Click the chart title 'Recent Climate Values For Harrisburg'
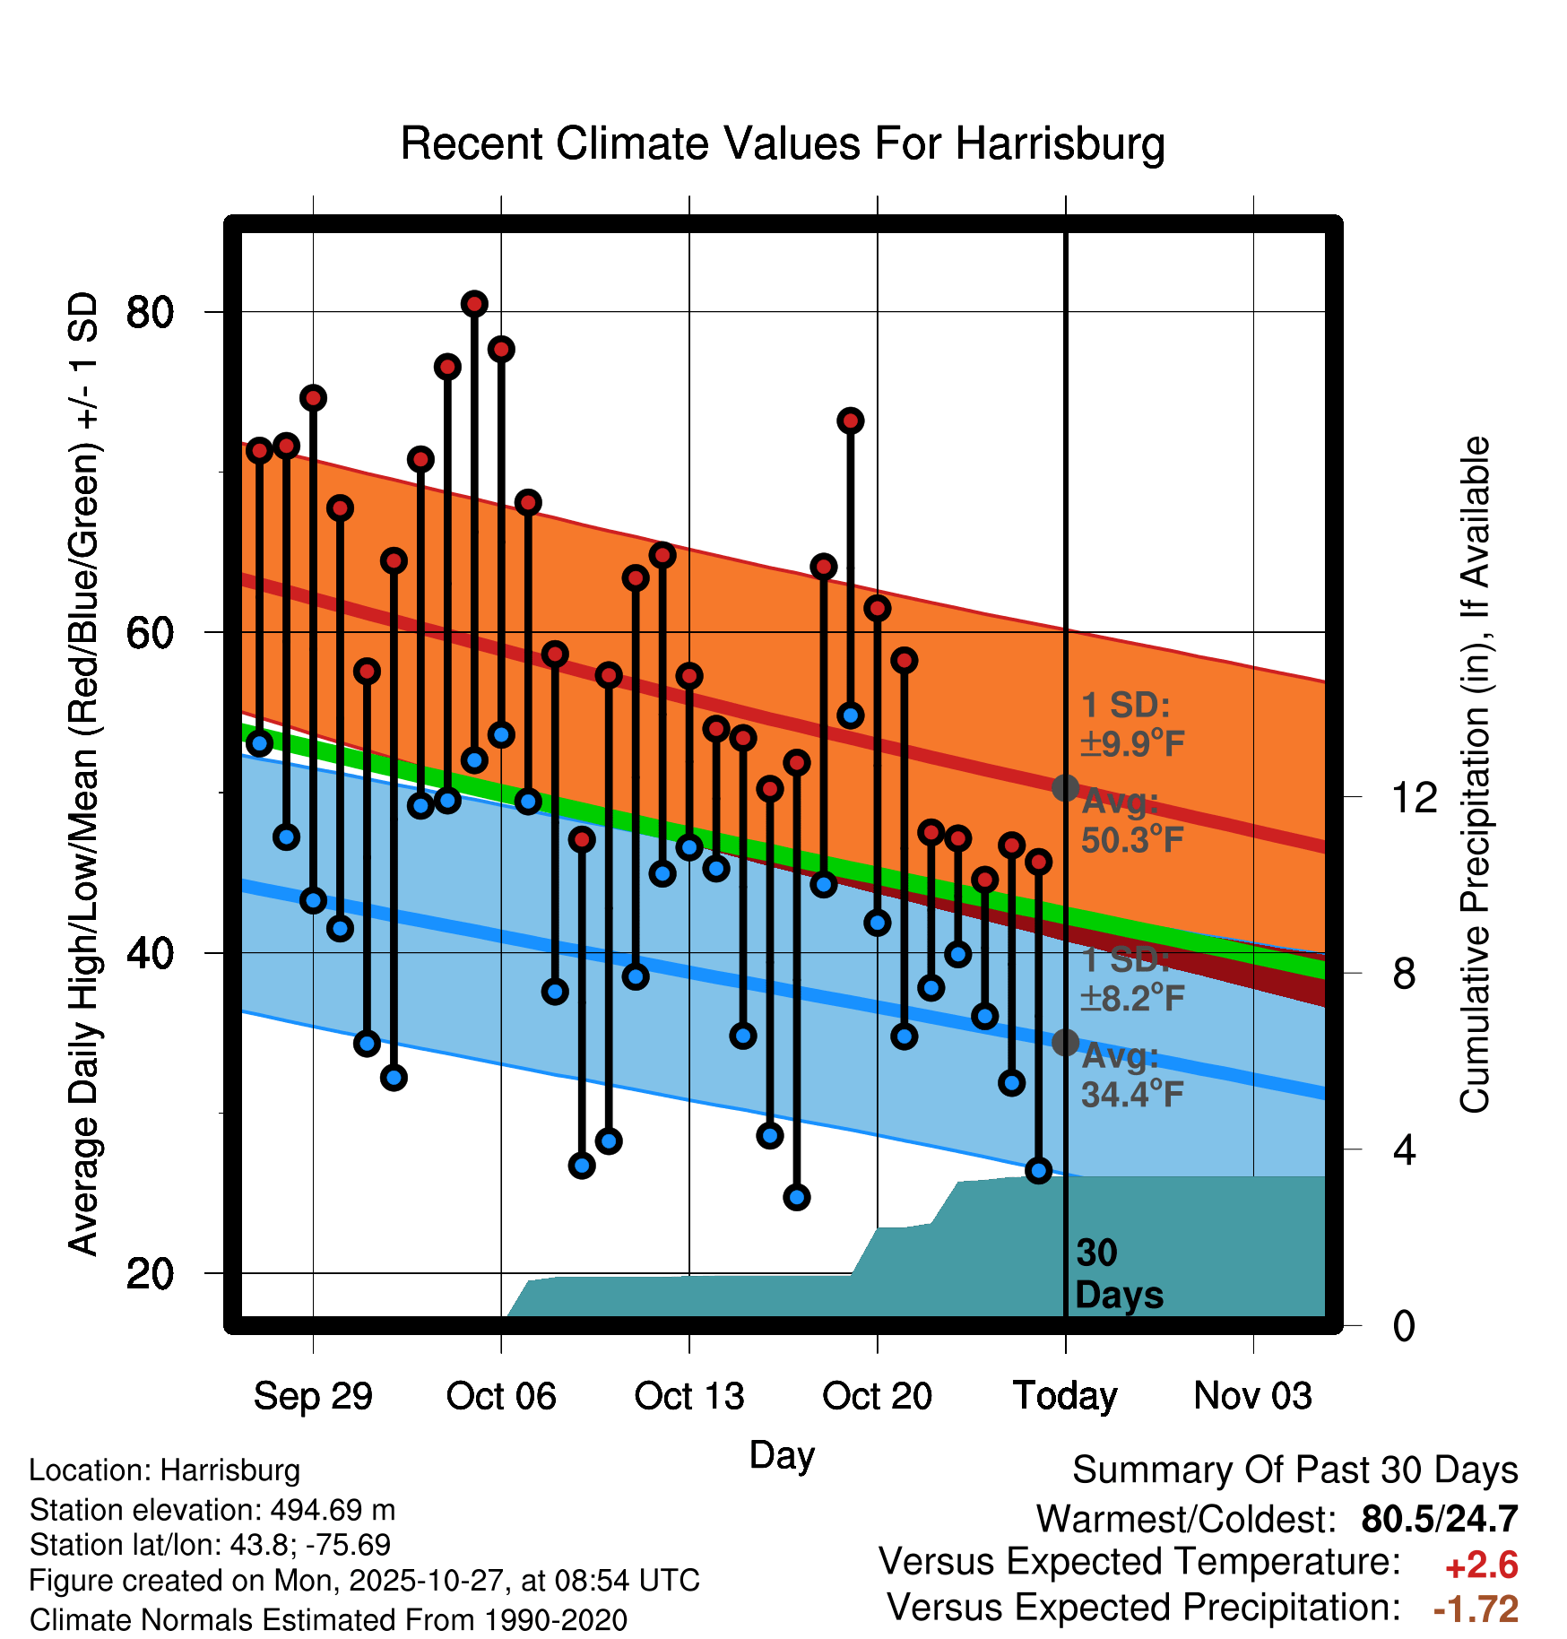[x=782, y=143]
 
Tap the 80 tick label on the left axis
[x=150, y=312]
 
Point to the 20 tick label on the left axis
[x=150, y=1273]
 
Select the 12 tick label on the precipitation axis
[x=1414, y=797]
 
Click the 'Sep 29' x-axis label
[x=313, y=1396]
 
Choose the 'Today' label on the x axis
[x=1065, y=1396]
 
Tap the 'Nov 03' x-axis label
[x=1252, y=1396]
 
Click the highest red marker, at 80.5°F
[x=474, y=304]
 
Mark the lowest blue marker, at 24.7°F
[x=797, y=1197]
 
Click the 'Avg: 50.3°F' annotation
[x=1131, y=820]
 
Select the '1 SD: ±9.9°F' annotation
[x=1131, y=724]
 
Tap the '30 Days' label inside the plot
[x=1118, y=1274]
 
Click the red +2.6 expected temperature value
[x=1481, y=1565]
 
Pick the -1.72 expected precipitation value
[x=1476, y=1609]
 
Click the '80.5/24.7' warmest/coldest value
[x=1439, y=1520]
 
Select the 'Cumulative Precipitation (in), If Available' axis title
[x=1475, y=775]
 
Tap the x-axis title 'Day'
[x=782, y=1454]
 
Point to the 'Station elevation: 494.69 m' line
[x=212, y=1511]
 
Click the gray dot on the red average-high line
[x=1065, y=788]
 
